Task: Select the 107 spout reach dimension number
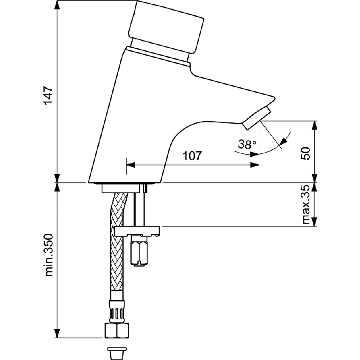click(192, 156)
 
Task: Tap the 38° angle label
click(247, 145)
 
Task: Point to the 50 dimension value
click(306, 152)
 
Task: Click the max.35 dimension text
click(306, 205)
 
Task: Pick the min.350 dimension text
click(49, 255)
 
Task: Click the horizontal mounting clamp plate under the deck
click(137, 231)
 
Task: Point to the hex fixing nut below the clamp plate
click(139, 252)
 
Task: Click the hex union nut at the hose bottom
click(116, 330)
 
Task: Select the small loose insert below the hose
click(116, 352)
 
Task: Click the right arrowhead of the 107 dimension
click(255, 165)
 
